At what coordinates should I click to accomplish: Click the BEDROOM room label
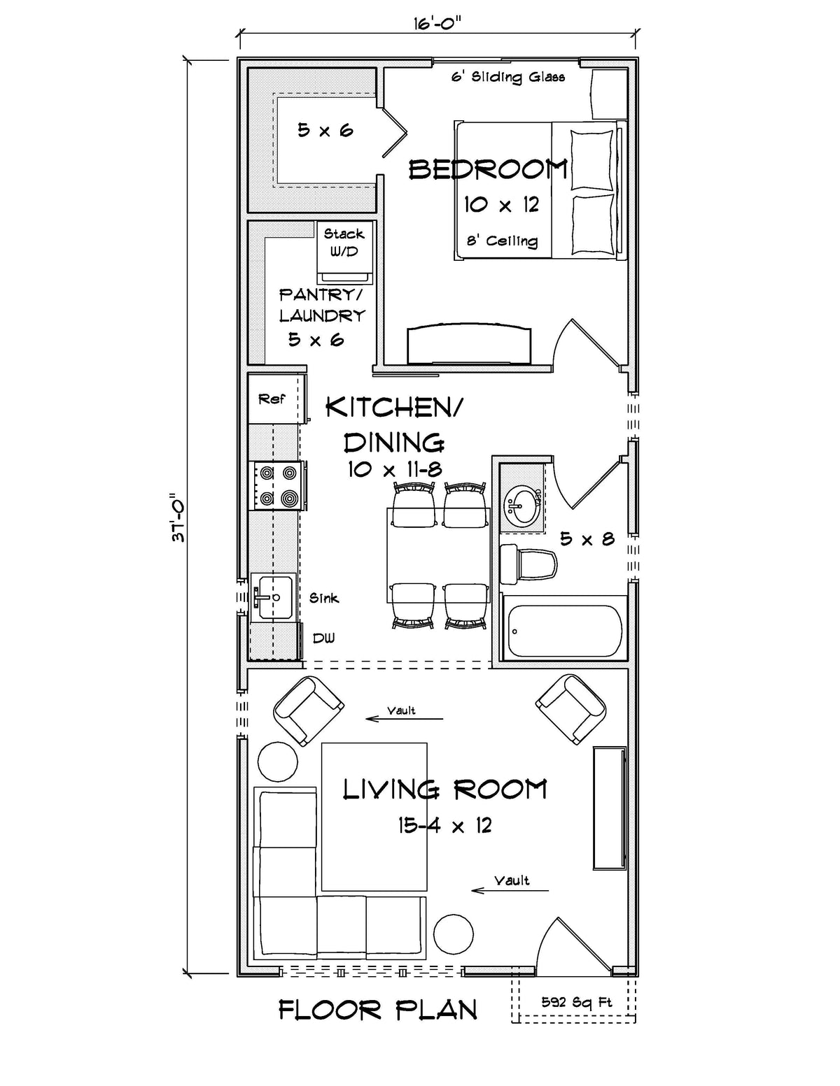(x=487, y=169)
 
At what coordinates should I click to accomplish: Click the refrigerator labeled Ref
(x=273, y=399)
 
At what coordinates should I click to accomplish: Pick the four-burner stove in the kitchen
(x=277, y=485)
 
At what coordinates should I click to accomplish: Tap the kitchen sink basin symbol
(x=272, y=598)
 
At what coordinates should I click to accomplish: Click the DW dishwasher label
(x=323, y=638)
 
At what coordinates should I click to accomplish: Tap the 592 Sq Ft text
(x=577, y=1002)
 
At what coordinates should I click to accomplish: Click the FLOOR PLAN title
(x=378, y=1010)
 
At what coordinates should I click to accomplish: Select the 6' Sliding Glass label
(x=507, y=76)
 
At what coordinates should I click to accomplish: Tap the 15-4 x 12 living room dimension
(x=445, y=825)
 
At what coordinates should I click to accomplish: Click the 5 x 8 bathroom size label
(x=587, y=538)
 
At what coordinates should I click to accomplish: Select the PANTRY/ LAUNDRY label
(x=321, y=305)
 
